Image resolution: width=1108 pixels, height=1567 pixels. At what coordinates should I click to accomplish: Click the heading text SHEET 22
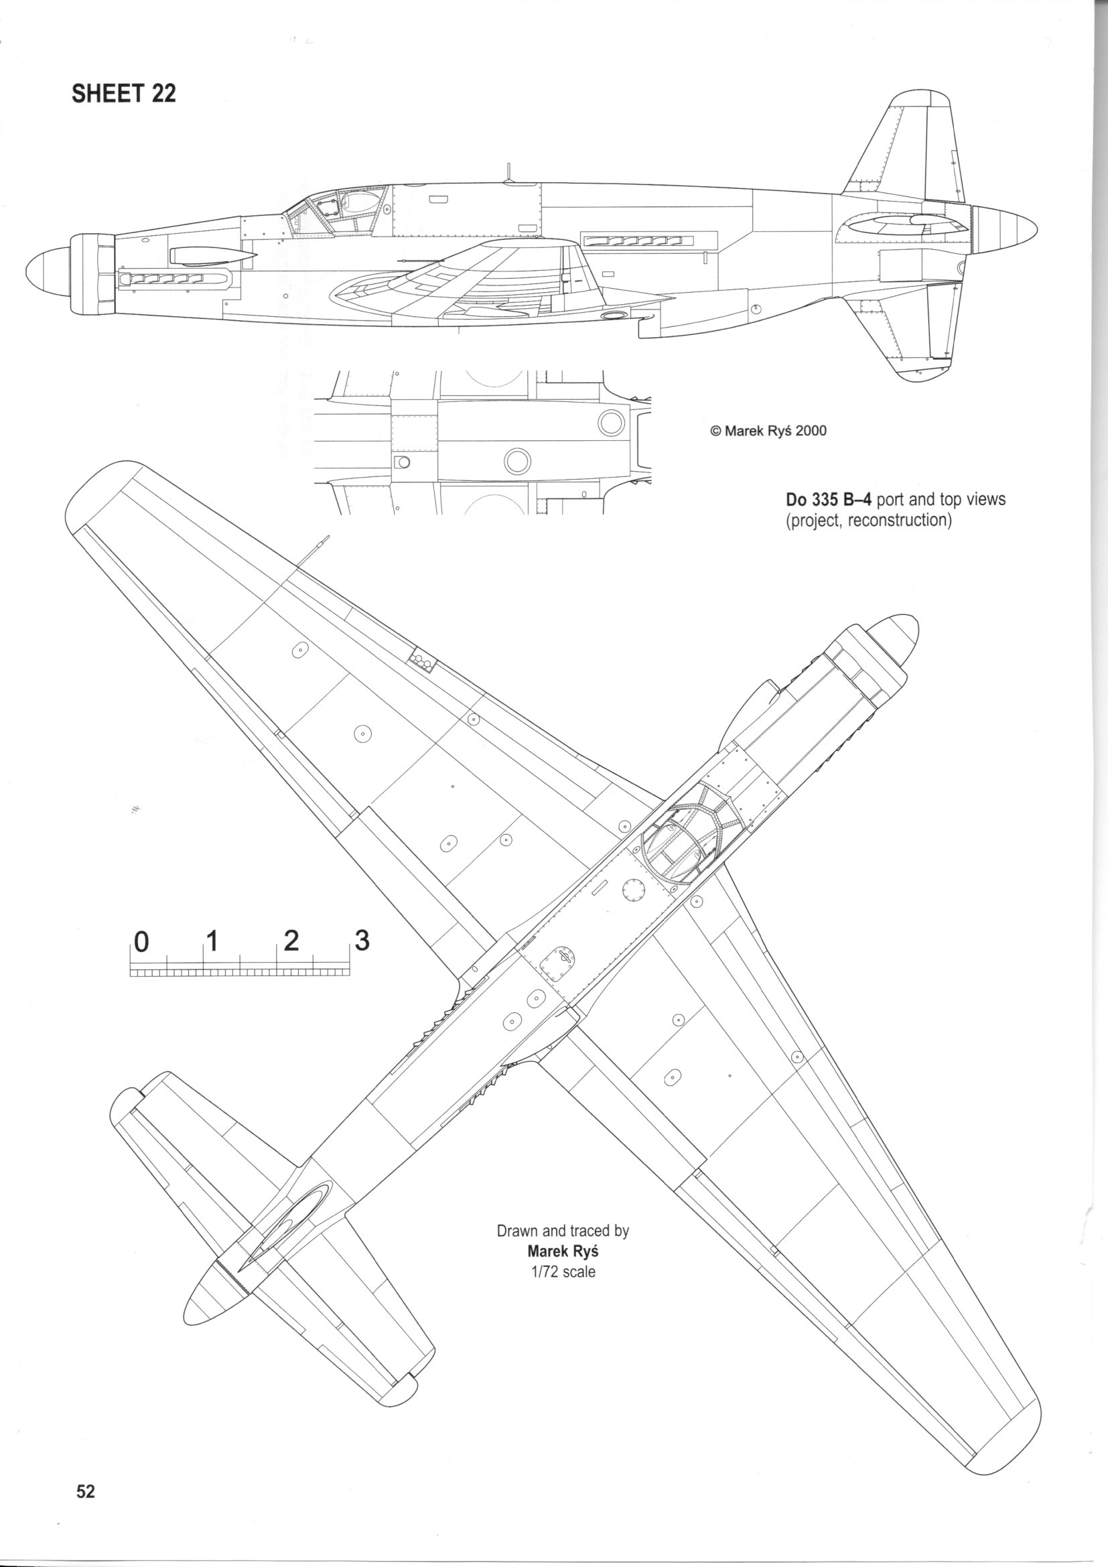click(x=123, y=94)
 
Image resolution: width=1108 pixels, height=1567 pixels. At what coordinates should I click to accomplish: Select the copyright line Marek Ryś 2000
click(x=768, y=431)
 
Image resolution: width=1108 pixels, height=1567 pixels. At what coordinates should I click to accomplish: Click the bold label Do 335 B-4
click(x=828, y=500)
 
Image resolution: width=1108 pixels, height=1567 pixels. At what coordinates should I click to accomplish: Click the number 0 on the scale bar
click(x=141, y=942)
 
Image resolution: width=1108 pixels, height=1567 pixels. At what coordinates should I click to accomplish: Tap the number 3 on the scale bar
click(x=362, y=941)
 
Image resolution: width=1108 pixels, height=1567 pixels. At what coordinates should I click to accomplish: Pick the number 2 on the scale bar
click(x=291, y=941)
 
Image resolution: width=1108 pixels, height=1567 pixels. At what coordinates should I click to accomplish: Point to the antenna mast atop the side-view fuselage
click(x=508, y=172)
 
